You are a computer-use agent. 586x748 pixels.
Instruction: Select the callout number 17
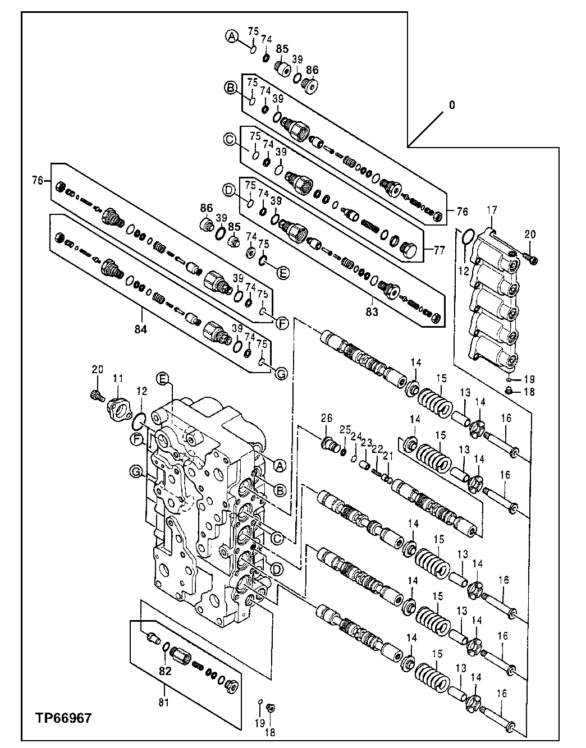tap(492, 210)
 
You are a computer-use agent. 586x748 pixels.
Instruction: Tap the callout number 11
tap(118, 379)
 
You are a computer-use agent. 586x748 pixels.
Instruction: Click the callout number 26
tap(327, 417)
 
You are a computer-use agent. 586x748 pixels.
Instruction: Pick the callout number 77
tap(439, 250)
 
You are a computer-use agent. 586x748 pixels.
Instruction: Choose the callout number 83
tap(372, 311)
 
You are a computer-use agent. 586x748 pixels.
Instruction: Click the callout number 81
tap(163, 701)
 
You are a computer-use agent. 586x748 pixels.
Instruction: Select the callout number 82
tap(164, 671)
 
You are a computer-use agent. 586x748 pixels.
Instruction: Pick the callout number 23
tap(366, 443)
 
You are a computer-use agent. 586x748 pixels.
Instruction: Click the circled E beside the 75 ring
tap(283, 273)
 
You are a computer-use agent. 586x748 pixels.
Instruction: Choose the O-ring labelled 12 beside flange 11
tap(140, 419)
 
